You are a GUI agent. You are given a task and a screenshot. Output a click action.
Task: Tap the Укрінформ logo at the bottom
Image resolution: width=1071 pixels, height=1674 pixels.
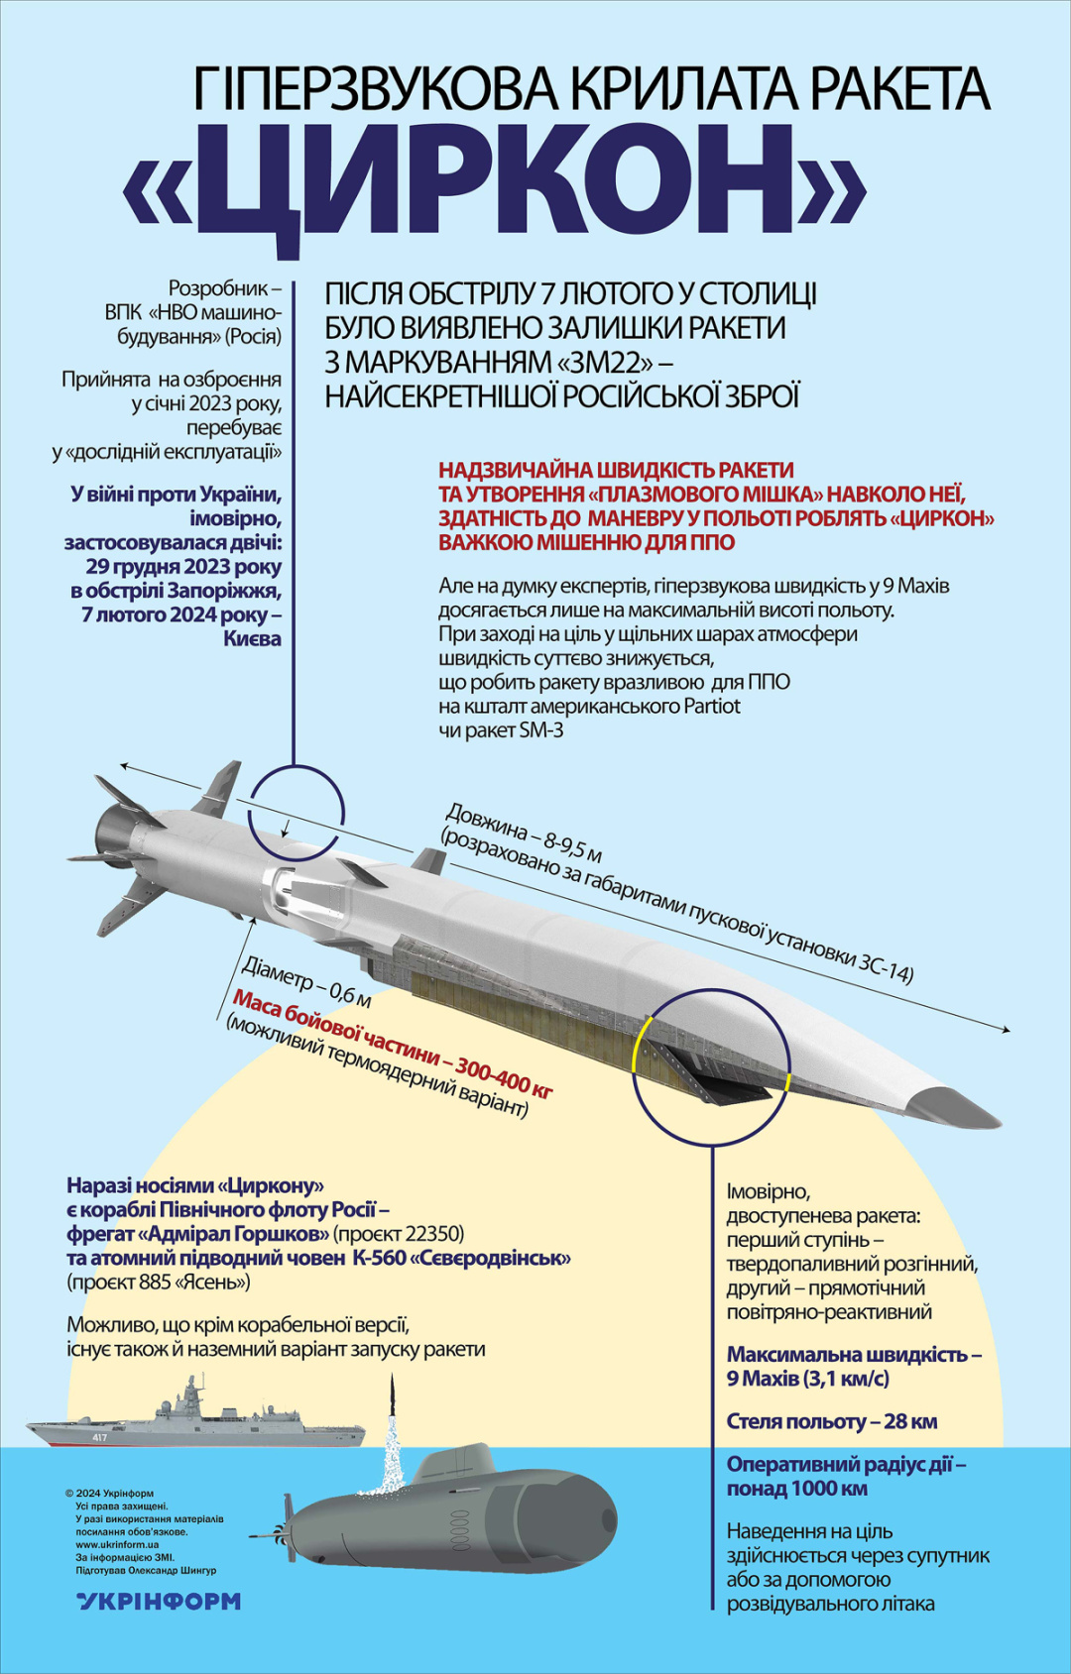click(x=159, y=1601)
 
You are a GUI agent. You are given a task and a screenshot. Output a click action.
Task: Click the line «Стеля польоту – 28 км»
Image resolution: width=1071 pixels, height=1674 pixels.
click(x=831, y=1421)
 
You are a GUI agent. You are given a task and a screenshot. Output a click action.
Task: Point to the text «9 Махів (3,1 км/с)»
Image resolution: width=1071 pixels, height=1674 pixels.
click(x=807, y=1379)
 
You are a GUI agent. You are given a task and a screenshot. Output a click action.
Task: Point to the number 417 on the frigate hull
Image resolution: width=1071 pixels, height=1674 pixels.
click(x=99, y=1437)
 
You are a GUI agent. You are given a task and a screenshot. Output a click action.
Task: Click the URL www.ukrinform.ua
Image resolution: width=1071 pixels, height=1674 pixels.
click(x=117, y=1544)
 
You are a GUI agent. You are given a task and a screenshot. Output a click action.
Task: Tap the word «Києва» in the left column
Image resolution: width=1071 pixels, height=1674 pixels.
click(x=252, y=638)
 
